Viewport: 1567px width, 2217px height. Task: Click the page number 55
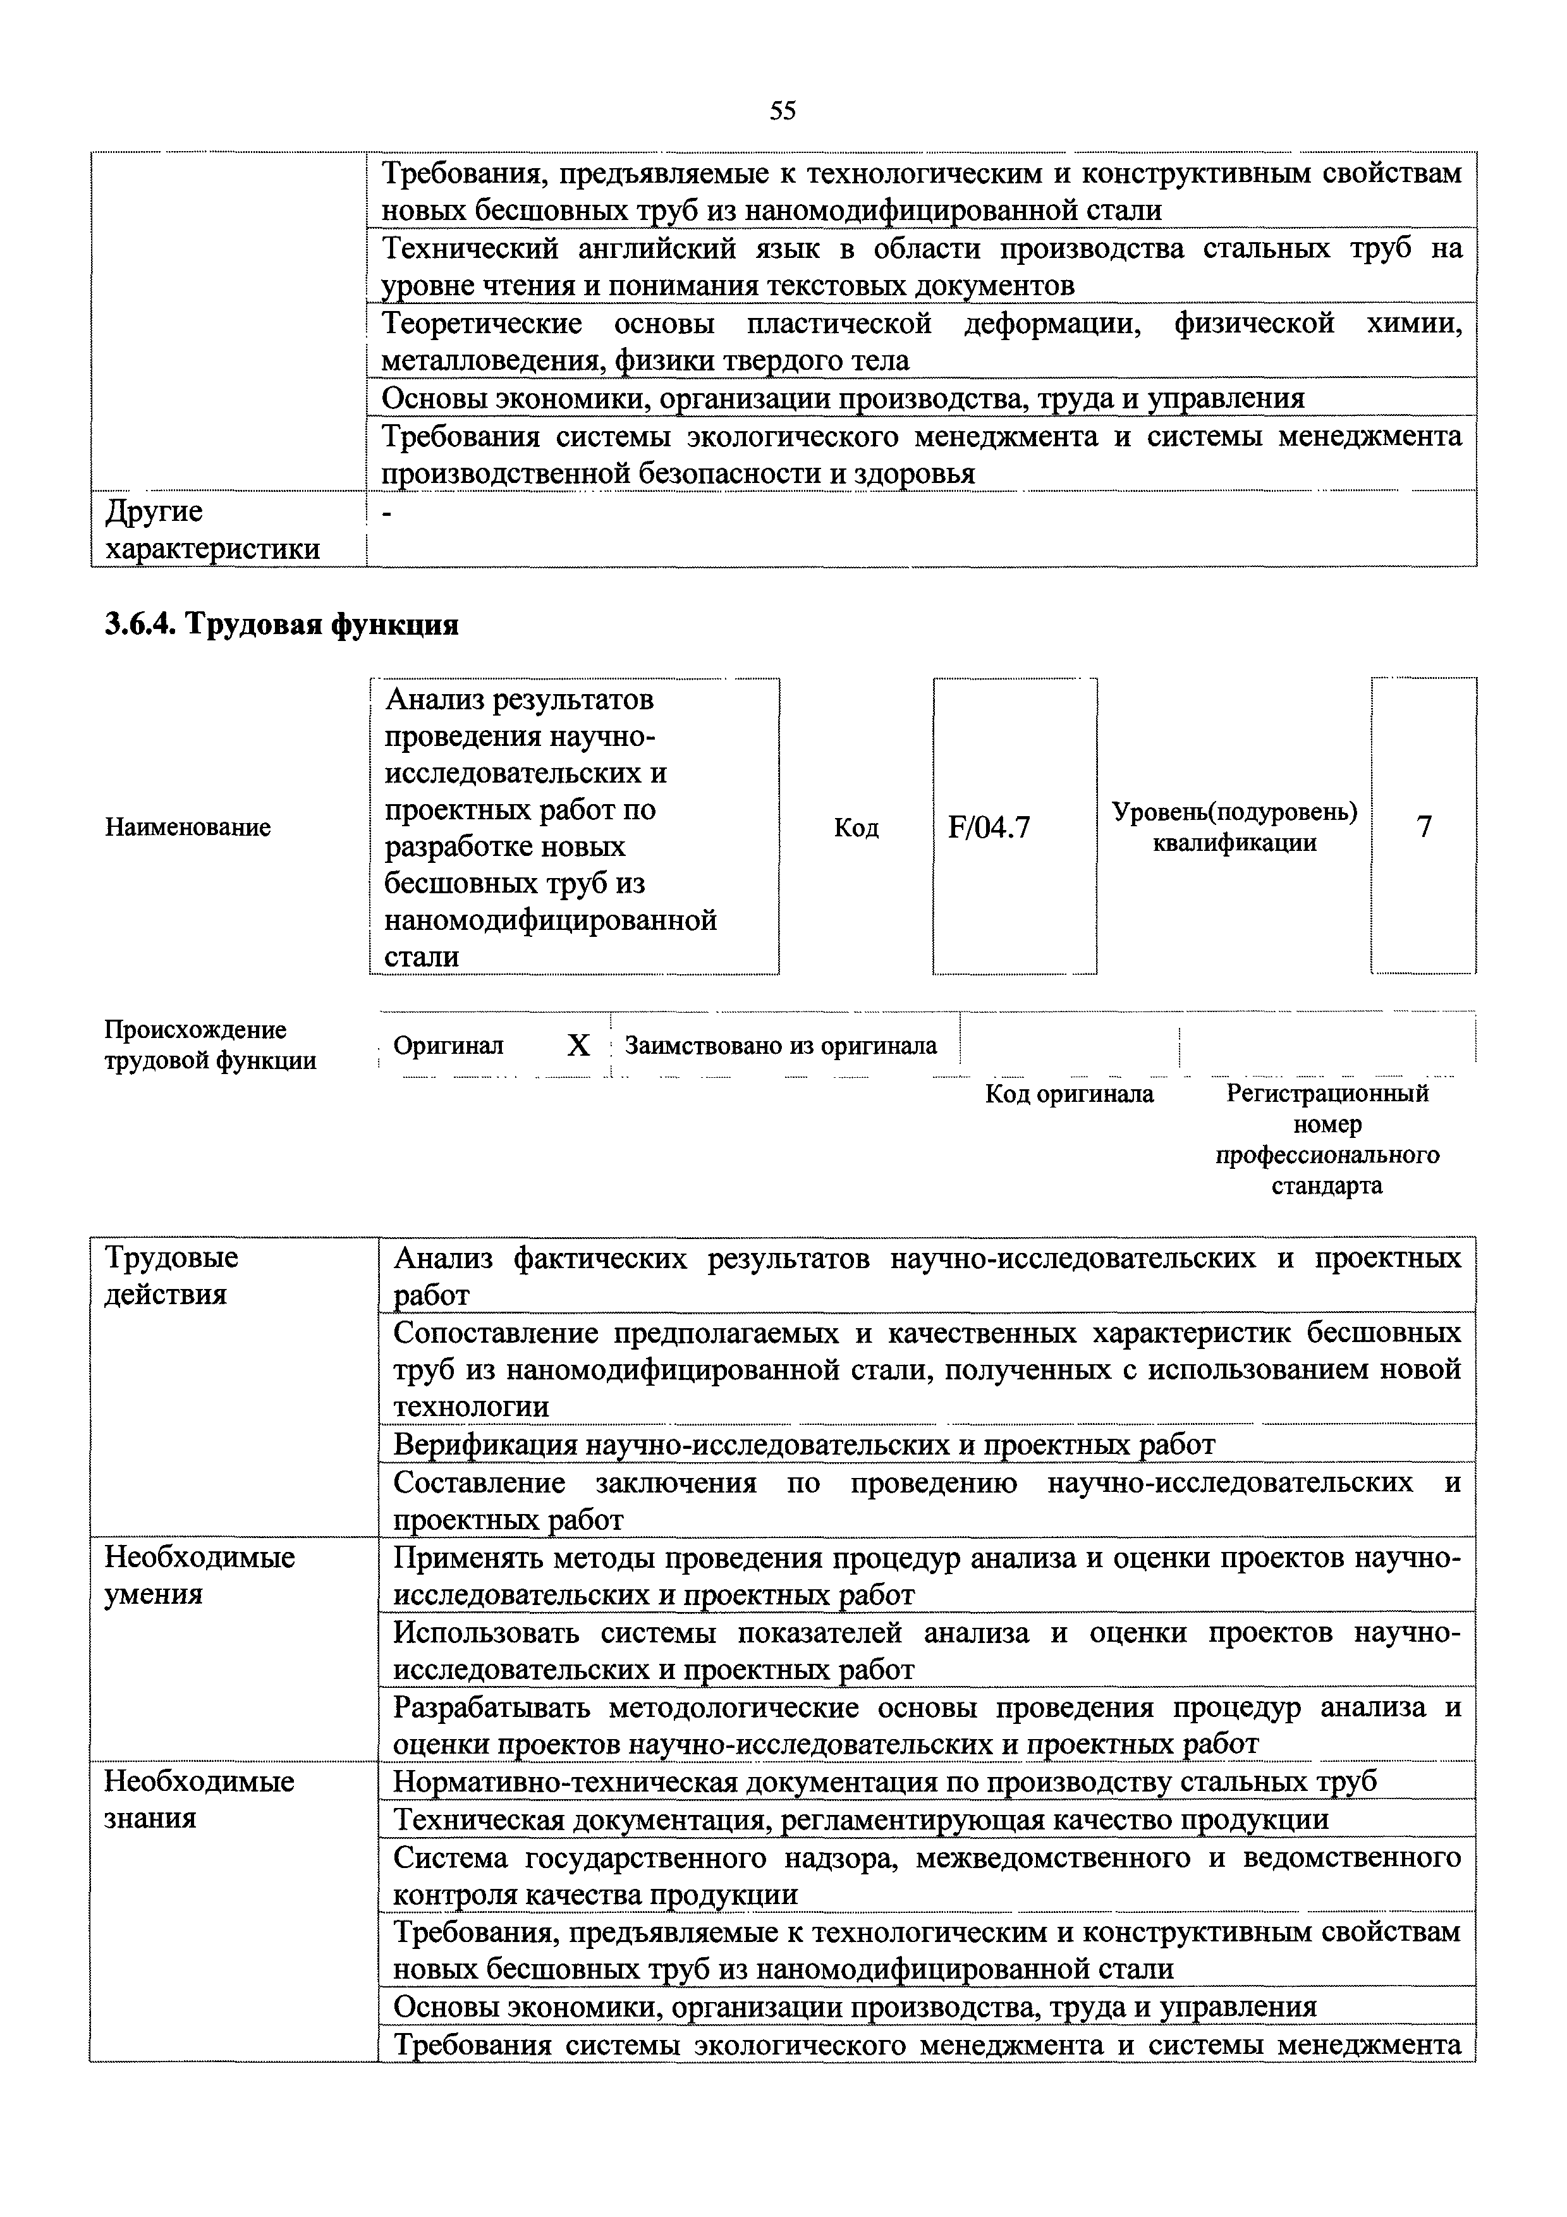(x=783, y=111)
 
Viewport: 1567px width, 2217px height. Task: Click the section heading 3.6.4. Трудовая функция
(x=281, y=625)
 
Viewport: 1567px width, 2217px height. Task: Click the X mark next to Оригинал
(x=577, y=1046)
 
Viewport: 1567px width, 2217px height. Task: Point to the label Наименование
(x=187, y=828)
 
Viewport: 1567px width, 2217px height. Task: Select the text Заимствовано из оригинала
(x=781, y=1046)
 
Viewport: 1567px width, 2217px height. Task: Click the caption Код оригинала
(x=1069, y=1094)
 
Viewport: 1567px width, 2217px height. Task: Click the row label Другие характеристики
(x=212, y=530)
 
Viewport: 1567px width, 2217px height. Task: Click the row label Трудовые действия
(x=171, y=1276)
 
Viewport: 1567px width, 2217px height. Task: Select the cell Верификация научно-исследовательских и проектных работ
(x=803, y=1444)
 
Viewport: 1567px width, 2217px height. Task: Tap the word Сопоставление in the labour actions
(x=489, y=1333)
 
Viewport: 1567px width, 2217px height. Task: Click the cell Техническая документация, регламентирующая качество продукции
(x=861, y=1819)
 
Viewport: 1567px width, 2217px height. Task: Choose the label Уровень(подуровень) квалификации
(x=1234, y=828)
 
